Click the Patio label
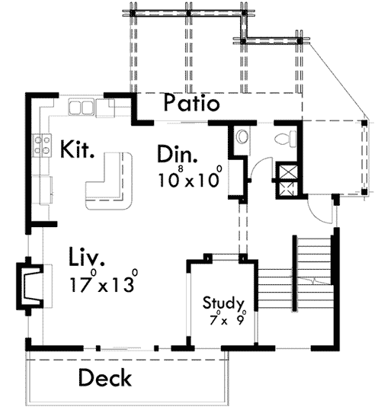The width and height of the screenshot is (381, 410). click(192, 103)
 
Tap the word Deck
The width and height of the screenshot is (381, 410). click(105, 377)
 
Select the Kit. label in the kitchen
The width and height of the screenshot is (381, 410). click(77, 148)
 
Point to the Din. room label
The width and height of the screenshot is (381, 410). click(177, 154)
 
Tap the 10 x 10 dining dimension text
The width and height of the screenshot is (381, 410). click(190, 180)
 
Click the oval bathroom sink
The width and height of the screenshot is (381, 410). click(242, 137)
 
